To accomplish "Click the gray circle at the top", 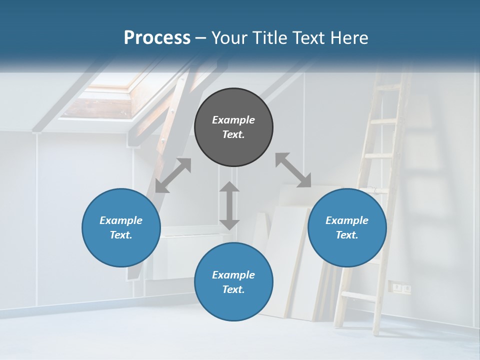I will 233,127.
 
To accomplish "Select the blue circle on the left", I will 121,227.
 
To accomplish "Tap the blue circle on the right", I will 347,227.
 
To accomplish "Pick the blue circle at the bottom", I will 233,282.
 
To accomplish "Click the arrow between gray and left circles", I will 173,175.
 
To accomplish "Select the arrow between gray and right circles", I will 293,170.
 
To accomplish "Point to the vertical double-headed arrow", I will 229,205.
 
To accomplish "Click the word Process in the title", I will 157,37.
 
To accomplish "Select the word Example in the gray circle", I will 233,120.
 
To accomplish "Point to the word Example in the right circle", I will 347,220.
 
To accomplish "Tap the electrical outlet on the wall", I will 401,287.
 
